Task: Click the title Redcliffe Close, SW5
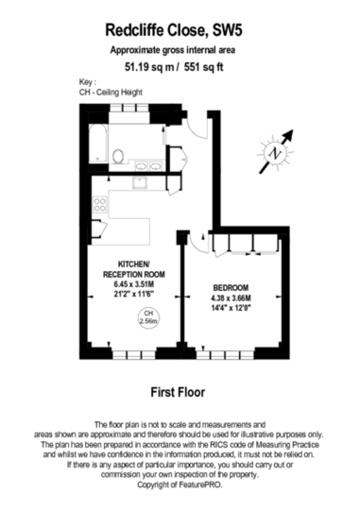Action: (x=174, y=30)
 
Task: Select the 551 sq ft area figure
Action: (x=204, y=67)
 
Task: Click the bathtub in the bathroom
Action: (x=97, y=144)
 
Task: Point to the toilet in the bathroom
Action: (x=118, y=156)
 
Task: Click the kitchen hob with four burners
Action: (x=100, y=205)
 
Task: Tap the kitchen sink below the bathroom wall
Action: (x=140, y=183)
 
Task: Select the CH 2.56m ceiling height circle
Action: (x=148, y=317)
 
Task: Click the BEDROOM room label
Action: (x=231, y=288)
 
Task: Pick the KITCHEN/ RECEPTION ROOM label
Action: (x=134, y=269)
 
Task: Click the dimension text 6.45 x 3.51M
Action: (x=134, y=284)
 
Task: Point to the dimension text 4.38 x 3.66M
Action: (x=231, y=297)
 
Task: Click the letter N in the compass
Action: (x=276, y=153)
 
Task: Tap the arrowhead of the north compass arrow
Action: (x=289, y=134)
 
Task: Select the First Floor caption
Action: (x=178, y=392)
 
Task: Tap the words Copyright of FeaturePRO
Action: (x=180, y=484)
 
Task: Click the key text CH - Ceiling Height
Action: (x=111, y=93)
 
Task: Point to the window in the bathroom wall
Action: (x=129, y=108)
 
